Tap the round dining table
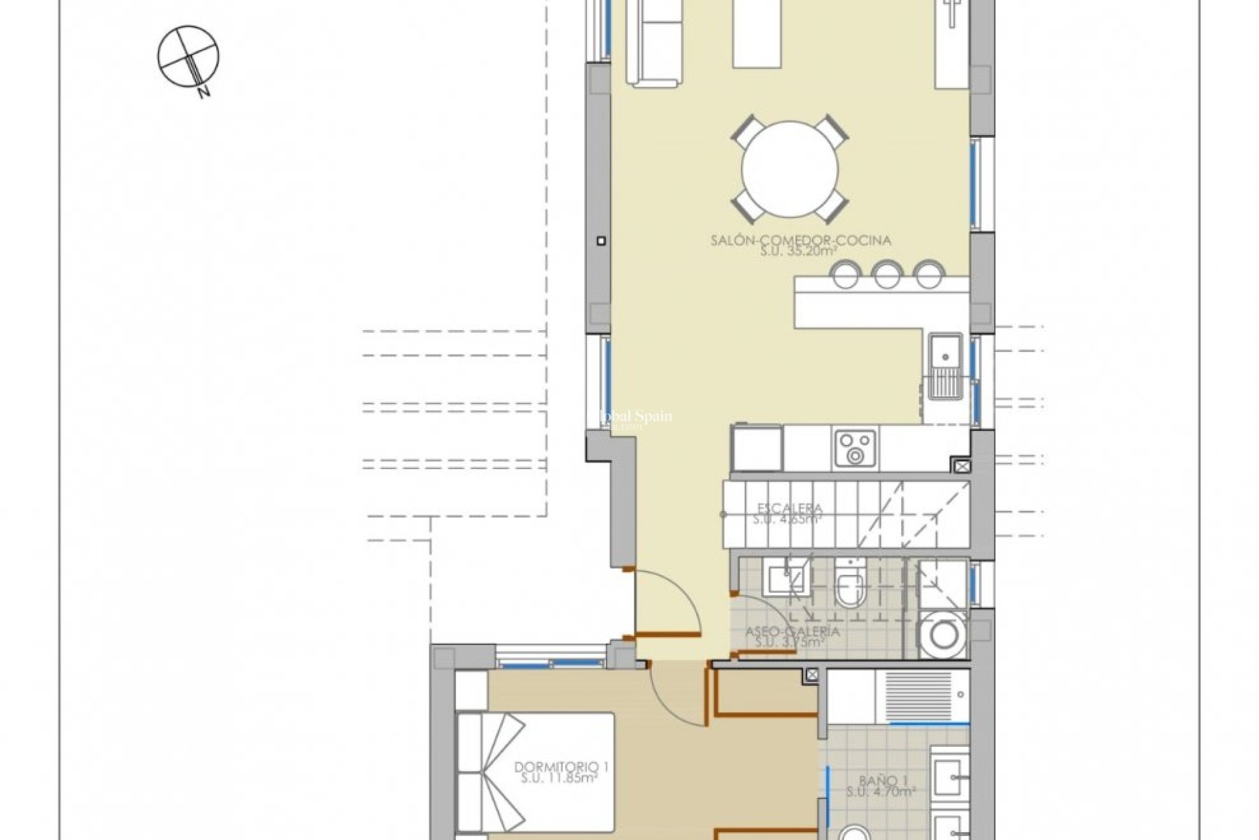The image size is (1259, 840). click(790, 169)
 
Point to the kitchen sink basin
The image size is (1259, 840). click(945, 354)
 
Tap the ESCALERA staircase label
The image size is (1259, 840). click(789, 514)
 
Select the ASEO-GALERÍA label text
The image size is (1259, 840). click(793, 637)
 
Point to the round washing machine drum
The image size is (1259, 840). click(942, 635)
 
